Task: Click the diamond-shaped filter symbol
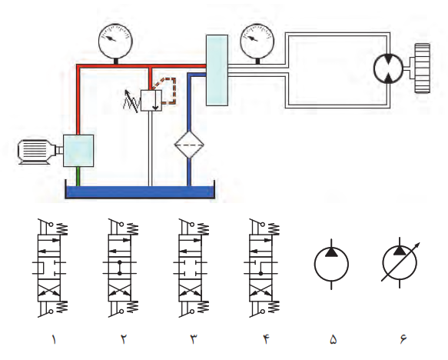[x=189, y=145]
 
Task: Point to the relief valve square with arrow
[x=151, y=100]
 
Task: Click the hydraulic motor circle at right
[x=388, y=68]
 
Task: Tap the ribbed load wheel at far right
[x=423, y=68]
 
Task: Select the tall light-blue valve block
[x=217, y=70]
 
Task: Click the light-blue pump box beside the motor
[x=78, y=151]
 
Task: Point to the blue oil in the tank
[x=140, y=192]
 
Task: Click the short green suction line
[x=78, y=176]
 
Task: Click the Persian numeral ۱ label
[x=53, y=339]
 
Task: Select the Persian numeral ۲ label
[x=124, y=339]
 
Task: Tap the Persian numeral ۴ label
[x=267, y=339]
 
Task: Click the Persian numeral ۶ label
[x=403, y=339]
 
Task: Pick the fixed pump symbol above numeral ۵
[x=331, y=264]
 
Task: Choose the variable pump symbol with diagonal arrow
[x=400, y=262]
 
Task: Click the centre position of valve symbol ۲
[x=119, y=268]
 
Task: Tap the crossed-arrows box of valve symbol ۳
[x=190, y=290]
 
